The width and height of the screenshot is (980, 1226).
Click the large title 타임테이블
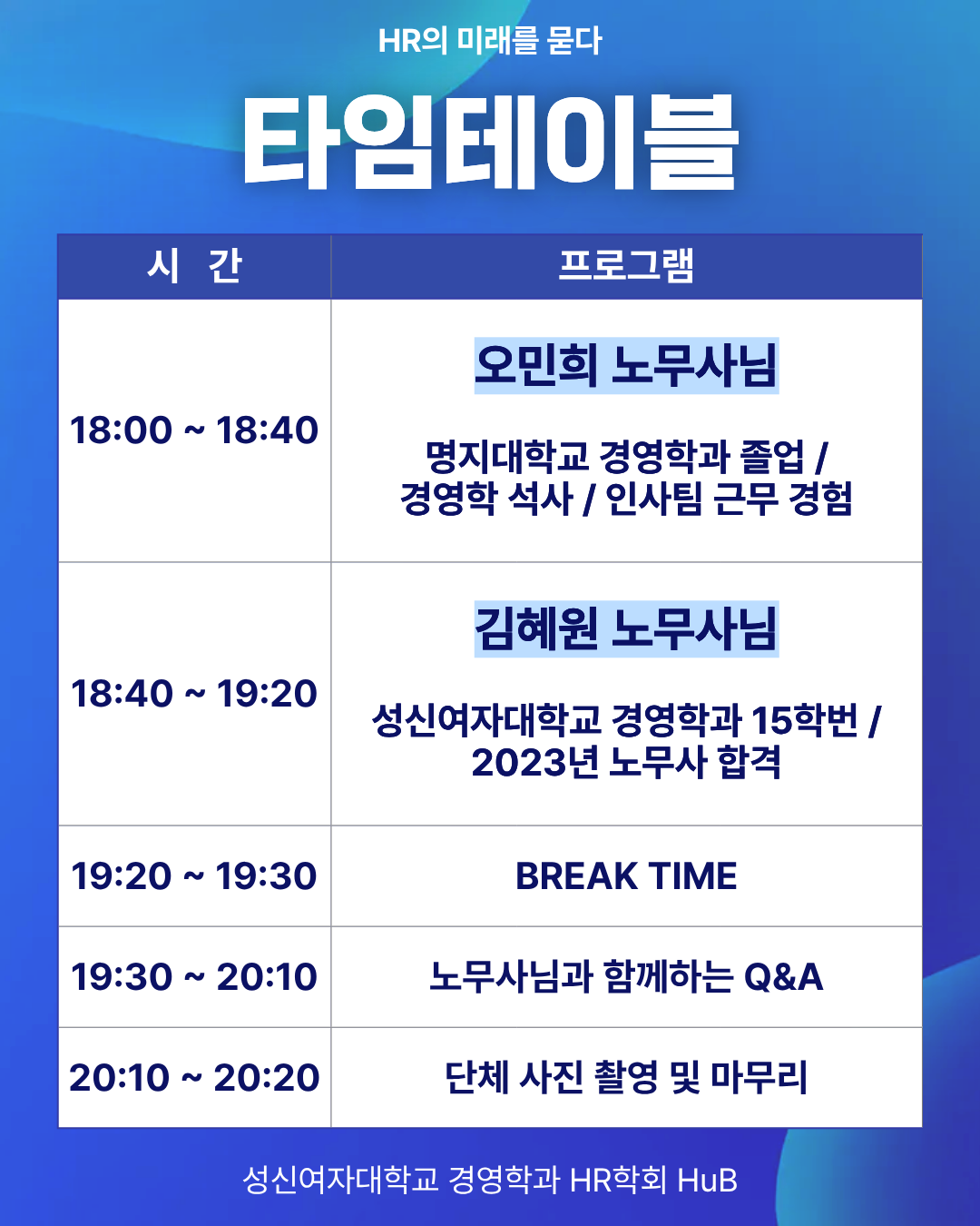[x=490, y=142]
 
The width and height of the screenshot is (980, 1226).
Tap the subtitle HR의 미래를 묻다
[x=490, y=41]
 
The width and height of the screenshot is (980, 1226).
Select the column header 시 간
[x=194, y=266]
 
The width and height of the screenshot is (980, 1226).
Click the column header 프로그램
[x=626, y=265]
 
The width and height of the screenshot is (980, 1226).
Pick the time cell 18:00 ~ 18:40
[x=194, y=430]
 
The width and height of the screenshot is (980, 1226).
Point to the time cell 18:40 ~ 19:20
[x=194, y=693]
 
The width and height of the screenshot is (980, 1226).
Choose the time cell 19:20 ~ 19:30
[x=194, y=875]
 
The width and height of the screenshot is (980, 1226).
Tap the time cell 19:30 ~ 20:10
[x=194, y=976]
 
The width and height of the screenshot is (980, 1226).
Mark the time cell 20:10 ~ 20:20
[x=194, y=1078]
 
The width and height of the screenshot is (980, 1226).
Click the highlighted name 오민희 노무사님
[x=626, y=365]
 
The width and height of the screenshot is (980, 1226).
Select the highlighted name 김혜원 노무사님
[x=626, y=629]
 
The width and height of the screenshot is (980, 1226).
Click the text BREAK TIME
[x=626, y=875]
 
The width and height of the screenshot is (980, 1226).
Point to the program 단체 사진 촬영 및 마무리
[x=626, y=1077]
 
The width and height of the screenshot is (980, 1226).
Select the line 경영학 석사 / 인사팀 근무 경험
[x=626, y=499]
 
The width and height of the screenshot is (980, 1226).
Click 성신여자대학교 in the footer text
[x=341, y=1180]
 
